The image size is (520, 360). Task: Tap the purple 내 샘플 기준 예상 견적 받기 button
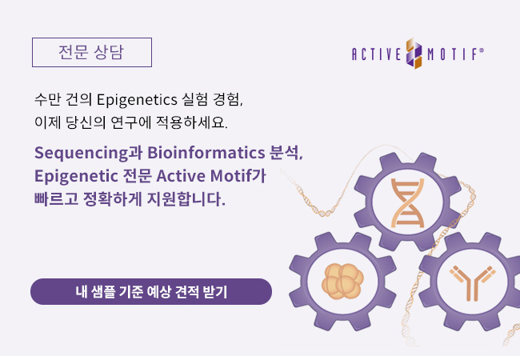click(x=151, y=292)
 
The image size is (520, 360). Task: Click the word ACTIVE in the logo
click(x=377, y=54)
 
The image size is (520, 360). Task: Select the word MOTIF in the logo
click(x=452, y=54)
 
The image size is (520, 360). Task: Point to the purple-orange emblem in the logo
click(x=414, y=53)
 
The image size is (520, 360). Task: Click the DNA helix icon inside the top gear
click(x=407, y=203)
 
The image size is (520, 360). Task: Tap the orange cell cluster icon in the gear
click(x=342, y=281)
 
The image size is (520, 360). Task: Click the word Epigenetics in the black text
click(x=137, y=100)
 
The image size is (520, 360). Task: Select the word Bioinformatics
click(x=206, y=153)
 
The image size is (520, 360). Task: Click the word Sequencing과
click(x=89, y=153)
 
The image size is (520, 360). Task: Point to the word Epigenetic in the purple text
click(x=76, y=176)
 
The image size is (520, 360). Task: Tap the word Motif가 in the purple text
click(x=238, y=175)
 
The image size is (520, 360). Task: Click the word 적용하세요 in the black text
click(x=192, y=122)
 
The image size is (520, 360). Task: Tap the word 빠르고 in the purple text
click(x=56, y=198)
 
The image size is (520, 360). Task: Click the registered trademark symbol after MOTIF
click(x=482, y=50)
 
